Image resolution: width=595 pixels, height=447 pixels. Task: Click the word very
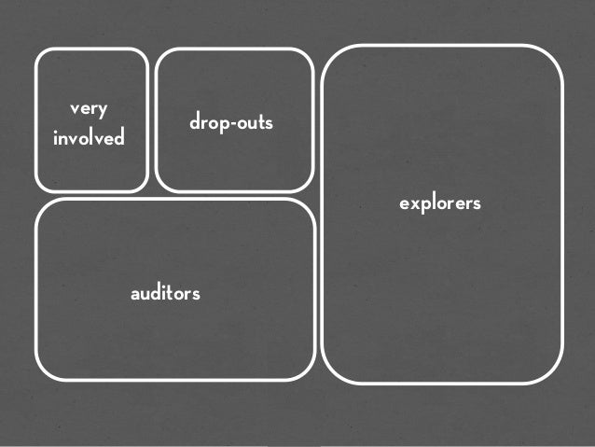tap(90, 110)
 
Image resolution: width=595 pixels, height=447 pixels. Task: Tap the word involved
tap(90, 139)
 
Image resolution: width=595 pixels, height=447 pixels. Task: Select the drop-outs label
tap(231, 122)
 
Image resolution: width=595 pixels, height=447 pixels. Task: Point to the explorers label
tap(440, 203)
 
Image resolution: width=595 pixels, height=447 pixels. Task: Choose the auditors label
tap(165, 294)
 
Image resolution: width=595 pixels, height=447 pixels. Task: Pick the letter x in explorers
tap(413, 203)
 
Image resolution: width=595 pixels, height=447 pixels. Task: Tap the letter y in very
tap(103, 112)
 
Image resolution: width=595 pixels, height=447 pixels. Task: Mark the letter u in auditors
tap(144, 294)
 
